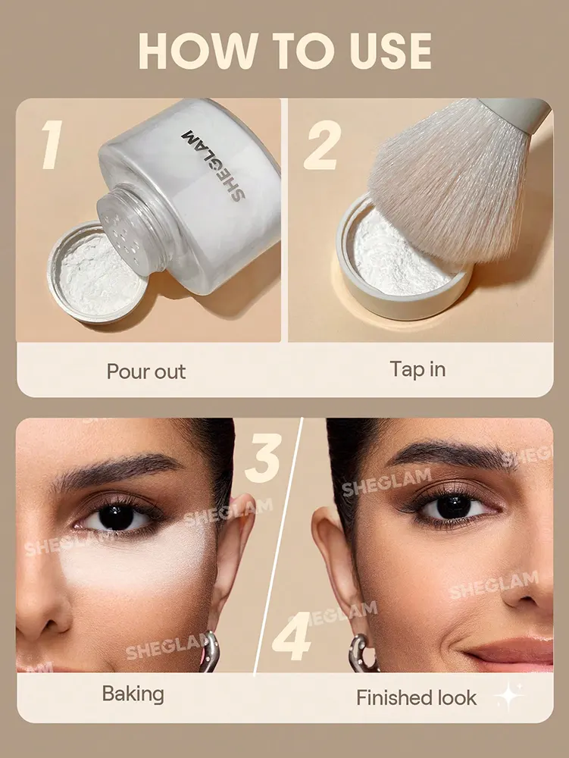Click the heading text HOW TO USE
(x=285, y=51)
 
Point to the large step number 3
(x=263, y=455)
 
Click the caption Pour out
(x=145, y=371)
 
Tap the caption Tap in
(x=417, y=369)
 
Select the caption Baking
(x=133, y=694)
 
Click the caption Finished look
(x=417, y=697)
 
